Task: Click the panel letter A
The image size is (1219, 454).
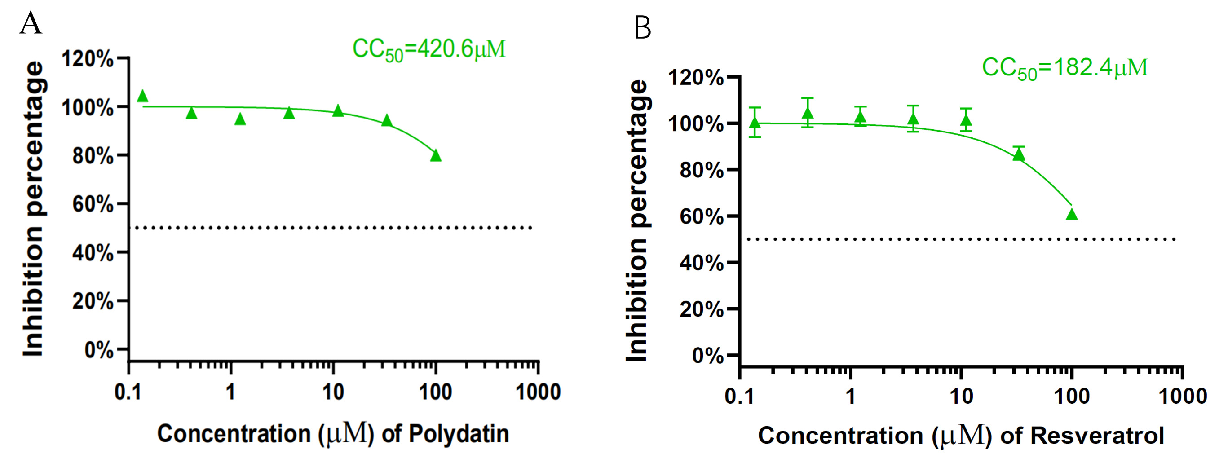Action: [x=31, y=23]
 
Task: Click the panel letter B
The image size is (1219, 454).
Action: [x=643, y=28]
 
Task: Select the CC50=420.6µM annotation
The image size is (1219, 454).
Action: [x=429, y=50]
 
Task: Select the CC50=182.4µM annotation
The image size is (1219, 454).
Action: [x=1065, y=68]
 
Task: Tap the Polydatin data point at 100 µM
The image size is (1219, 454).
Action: [x=436, y=155]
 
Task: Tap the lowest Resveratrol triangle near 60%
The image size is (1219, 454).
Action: [x=1072, y=215]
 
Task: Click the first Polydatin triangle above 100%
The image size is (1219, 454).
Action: [x=142, y=97]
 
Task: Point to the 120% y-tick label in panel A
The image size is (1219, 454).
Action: [x=88, y=60]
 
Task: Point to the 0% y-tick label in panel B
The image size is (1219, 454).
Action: [x=707, y=356]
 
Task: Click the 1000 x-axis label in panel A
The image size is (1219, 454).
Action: [x=538, y=392]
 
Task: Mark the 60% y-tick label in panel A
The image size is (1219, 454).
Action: [x=93, y=204]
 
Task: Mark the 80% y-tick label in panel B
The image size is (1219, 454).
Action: [x=701, y=170]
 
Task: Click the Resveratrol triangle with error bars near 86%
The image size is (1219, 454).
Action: [x=1019, y=154]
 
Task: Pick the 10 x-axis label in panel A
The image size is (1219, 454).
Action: [x=333, y=392]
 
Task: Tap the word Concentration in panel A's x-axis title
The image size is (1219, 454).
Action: [x=234, y=434]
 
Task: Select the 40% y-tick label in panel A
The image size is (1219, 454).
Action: [x=93, y=253]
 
